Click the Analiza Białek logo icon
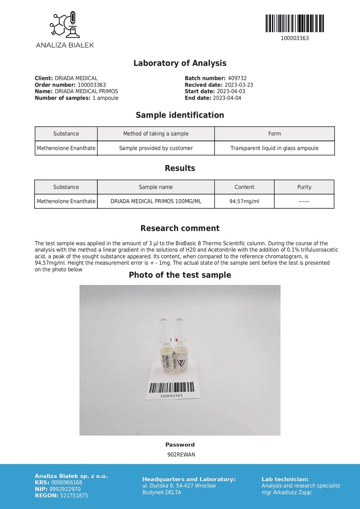[x=64, y=25]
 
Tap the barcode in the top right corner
[x=294, y=23]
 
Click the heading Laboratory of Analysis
[x=180, y=63]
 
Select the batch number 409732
[x=237, y=79]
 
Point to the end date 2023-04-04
[x=227, y=98]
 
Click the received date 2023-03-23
[x=239, y=85]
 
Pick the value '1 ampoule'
[x=105, y=98]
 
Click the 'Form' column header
[x=274, y=134]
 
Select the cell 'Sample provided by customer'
[x=156, y=148]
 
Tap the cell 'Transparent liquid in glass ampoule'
[x=274, y=148]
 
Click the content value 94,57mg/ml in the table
[x=244, y=202]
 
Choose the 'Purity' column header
[x=304, y=187]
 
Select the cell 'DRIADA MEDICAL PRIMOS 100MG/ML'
[x=156, y=202]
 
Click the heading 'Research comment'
[x=180, y=229]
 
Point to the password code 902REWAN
[x=181, y=455]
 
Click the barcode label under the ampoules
[x=172, y=389]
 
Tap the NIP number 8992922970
[x=65, y=489]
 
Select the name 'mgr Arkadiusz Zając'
[x=286, y=493]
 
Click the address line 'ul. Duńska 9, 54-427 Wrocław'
[x=179, y=486]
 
